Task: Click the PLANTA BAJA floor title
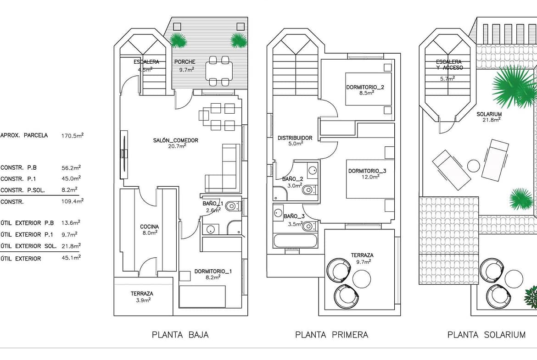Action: click(180, 335)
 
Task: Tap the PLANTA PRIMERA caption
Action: click(331, 335)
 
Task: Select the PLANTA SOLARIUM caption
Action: click(487, 335)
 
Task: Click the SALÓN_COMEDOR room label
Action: click(175, 140)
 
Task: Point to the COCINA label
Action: click(149, 227)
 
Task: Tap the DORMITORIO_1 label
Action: click(213, 271)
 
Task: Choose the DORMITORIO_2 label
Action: click(365, 87)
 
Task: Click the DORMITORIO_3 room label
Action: click(367, 171)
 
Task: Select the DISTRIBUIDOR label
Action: click(295, 138)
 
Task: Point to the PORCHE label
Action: click(185, 62)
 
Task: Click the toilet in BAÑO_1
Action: click(234, 206)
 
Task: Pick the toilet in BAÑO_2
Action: click(310, 189)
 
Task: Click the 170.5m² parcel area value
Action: click(73, 135)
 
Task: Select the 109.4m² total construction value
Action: click(73, 201)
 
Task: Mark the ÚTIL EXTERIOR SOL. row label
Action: click(28, 246)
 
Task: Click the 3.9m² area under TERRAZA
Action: click(141, 300)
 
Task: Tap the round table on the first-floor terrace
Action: click(362, 279)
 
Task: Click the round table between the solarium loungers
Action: click(474, 166)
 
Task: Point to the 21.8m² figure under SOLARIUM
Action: click(492, 120)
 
